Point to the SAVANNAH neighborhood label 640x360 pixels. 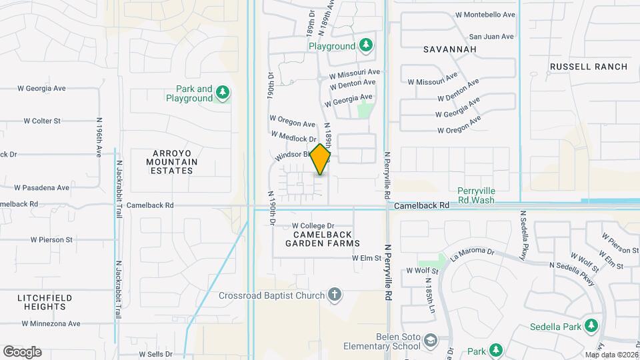click(x=441, y=49)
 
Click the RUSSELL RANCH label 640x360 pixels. click(x=589, y=67)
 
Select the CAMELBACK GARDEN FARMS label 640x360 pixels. click(x=323, y=239)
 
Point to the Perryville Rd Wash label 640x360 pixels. click(x=485, y=195)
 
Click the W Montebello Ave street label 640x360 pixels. click(x=485, y=15)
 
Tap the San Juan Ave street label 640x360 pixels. click(x=491, y=37)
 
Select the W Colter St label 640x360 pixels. click(x=42, y=121)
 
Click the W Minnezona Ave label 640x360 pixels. click(x=51, y=323)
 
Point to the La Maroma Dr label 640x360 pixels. click(x=472, y=253)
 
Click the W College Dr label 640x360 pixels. click(x=313, y=226)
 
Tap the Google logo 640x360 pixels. click(x=22, y=352)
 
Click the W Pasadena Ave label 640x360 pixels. click(x=41, y=188)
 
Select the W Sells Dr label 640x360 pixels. click(x=155, y=354)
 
